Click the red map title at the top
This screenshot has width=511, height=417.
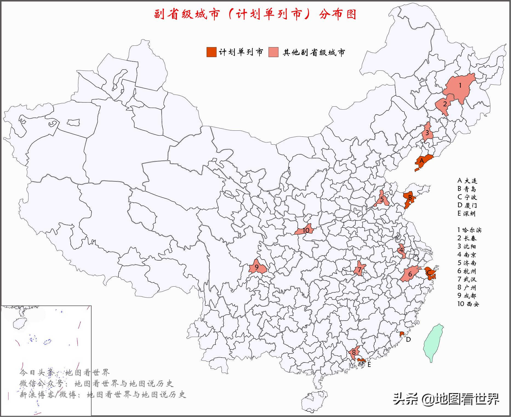pyautogui.click(x=255, y=15)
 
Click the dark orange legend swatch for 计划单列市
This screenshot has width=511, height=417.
pyautogui.click(x=211, y=52)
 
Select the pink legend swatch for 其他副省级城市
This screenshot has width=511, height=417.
pyautogui.click(x=273, y=52)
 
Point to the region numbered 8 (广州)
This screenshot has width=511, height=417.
pyautogui.click(x=354, y=353)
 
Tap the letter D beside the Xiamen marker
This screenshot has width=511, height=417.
pyautogui.click(x=408, y=340)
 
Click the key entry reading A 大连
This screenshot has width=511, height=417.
pyautogui.click(x=467, y=181)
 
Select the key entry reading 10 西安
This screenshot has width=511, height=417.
pyautogui.click(x=468, y=304)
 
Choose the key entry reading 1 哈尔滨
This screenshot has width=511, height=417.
pyautogui.click(x=469, y=230)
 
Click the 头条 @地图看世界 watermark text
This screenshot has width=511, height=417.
pyautogui.click(x=446, y=399)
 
